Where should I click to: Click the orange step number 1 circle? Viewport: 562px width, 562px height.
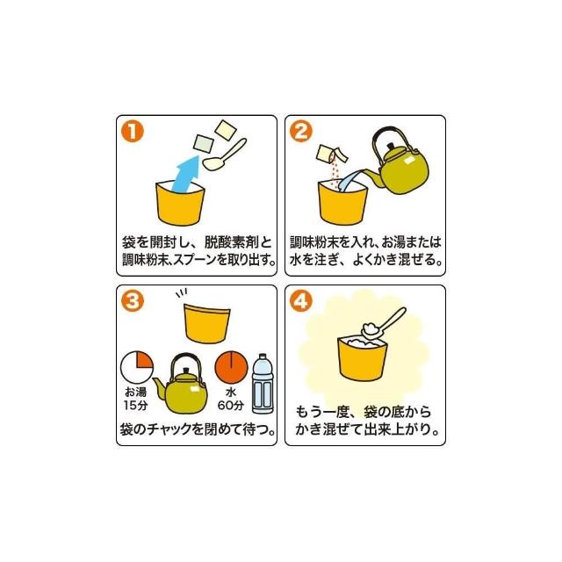tap(133, 131)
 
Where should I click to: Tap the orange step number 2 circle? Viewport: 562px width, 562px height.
tap(300, 131)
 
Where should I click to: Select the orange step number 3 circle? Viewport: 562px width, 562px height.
tap(133, 300)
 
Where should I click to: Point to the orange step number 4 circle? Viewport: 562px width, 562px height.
tap(300, 300)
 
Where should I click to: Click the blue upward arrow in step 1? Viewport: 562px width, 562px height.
tap(185, 173)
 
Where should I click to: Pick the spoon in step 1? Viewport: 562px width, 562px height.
tap(225, 155)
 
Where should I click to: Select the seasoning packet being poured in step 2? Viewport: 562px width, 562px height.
tap(332, 155)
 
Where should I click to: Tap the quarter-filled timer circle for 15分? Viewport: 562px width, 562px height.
tap(137, 367)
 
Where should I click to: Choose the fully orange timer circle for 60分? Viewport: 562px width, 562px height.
tap(231, 367)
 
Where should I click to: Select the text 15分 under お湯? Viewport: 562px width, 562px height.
tap(135, 406)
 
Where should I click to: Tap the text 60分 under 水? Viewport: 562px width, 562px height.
tap(231, 406)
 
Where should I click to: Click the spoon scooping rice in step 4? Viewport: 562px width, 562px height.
tap(383, 323)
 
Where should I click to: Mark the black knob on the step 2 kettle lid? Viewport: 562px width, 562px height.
tap(390, 146)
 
